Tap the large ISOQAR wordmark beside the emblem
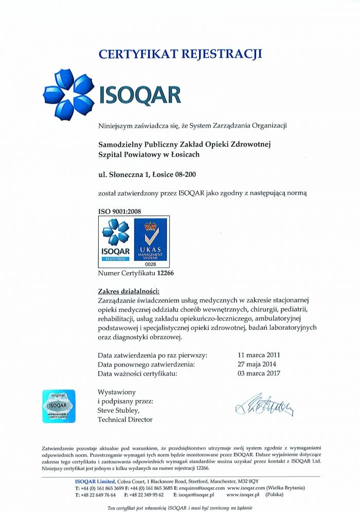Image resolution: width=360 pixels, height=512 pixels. pyautogui.click(x=139, y=95)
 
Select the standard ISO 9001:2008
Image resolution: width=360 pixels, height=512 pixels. pyautogui.click(x=119, y=211)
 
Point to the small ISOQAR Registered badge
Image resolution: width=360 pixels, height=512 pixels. pyautogui.click(x=116, y=240)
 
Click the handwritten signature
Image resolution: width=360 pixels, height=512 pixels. pyautogui.click(x=264, y=406)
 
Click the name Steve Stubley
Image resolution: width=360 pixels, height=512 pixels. pyautogui.click(x=119, y=411)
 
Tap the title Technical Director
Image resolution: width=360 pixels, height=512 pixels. pyautogui.click(x=125, y=420)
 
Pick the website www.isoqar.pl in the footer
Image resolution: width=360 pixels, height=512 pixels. pyautogui.click(x=243, y=495)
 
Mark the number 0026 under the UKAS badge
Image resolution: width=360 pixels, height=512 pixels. pyautogui.click(x=150, y=264)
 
